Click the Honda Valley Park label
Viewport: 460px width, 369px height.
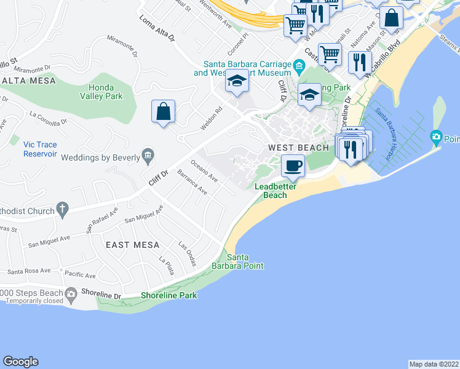101,92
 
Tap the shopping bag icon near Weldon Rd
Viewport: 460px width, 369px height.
163,112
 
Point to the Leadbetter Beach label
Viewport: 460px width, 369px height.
271,191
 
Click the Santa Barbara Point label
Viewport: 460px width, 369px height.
245,261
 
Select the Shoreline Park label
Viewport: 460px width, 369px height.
169,295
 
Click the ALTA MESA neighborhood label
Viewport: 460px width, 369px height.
28,81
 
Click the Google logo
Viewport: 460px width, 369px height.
20,362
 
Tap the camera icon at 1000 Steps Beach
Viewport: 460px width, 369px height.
71,293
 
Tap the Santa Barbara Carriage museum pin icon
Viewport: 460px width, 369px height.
299,65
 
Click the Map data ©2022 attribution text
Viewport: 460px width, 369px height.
434,364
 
